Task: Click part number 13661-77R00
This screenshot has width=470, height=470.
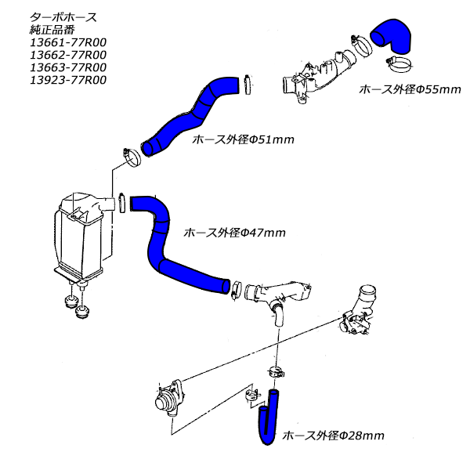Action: (68, 42)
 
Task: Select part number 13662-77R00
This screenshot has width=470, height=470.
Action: (68, 55)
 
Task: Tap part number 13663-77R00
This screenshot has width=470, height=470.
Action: (68, 67)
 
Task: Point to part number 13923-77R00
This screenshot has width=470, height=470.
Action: (68, 81)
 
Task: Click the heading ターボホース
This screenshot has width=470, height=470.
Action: (63, 17)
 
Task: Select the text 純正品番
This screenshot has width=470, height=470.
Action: (52, 30)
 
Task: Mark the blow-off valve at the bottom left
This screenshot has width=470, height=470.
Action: (168, 398)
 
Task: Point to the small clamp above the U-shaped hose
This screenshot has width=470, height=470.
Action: (276, 372)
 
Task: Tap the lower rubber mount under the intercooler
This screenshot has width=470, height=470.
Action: (81, 312)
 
